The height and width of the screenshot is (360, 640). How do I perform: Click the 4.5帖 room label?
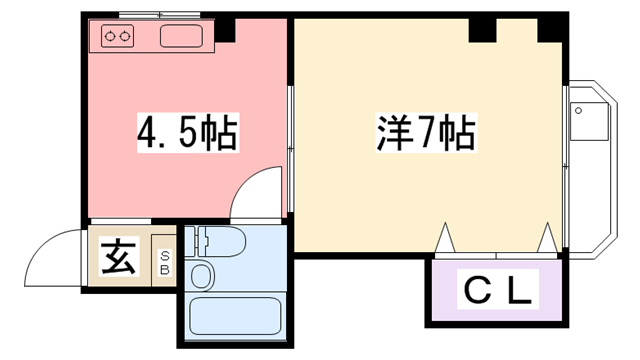186,132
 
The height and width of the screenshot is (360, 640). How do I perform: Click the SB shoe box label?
165,261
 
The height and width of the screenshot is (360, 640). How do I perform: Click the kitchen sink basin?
181,39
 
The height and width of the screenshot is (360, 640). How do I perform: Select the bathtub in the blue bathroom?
233,315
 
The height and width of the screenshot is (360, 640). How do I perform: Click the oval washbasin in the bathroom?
201,276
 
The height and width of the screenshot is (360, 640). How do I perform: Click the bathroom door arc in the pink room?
254,195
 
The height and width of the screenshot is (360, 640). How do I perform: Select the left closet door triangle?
444,237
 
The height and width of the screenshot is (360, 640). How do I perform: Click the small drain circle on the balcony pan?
578,110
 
